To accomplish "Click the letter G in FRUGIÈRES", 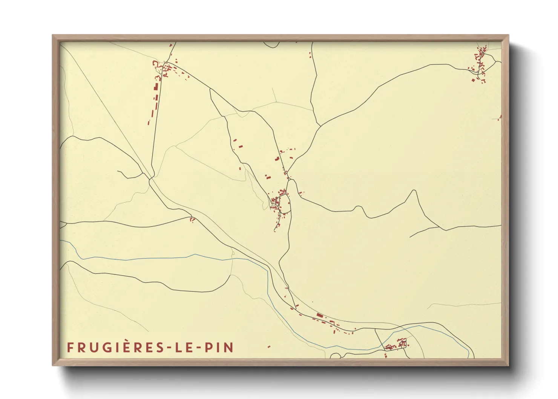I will [x=107, y=347].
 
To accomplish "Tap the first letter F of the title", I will [x=70, y=347].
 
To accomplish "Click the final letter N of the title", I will [x=229, y=347].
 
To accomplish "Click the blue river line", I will [x=151, y=258].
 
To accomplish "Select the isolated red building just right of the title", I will [x=269, y=346].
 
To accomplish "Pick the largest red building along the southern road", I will [x=320, y=315].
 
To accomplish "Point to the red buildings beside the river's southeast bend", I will [x=396, y=345].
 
